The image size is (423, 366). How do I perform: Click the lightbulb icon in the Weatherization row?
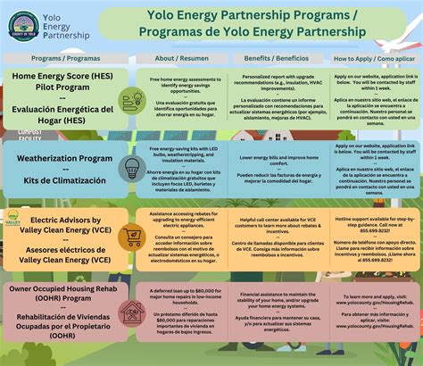(x=132, y=169)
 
